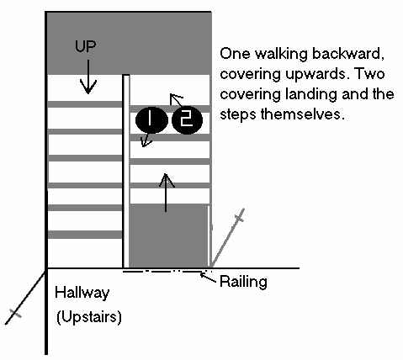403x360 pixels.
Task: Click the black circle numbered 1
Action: pyautogui.click(x=151, y=119)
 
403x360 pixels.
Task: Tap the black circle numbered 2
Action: pyautogui.click(x=187, y=120)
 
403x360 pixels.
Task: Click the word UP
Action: pyautogui.click(x=86, y=46)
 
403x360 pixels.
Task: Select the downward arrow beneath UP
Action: pyautogui.click(x=88, y=77)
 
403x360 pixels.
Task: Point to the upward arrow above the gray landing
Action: pyautogui.click(x=167, y=193)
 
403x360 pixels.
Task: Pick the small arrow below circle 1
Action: pyautogui.click(x=146, y=140)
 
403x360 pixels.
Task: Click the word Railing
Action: pyautogui.click(x=243, y=282)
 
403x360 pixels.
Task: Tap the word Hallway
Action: pyautogui.click(x=82, y=293)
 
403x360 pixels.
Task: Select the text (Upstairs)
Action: pyautogui.click(x=89, y=317)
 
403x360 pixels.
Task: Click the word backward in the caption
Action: pyautogui.click(x=347, y=53)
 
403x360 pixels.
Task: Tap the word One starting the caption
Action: pyautogui.click(x=235, y=54)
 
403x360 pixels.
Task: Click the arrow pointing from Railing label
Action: pyautogui.click(x=208, y=278)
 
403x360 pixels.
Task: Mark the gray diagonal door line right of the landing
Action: pyautogui.click(x=228, y=237)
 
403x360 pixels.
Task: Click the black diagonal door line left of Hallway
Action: pyautogui.click(x=25, y=298)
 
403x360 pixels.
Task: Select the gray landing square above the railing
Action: pyautogui.click(x=168, y=236)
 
